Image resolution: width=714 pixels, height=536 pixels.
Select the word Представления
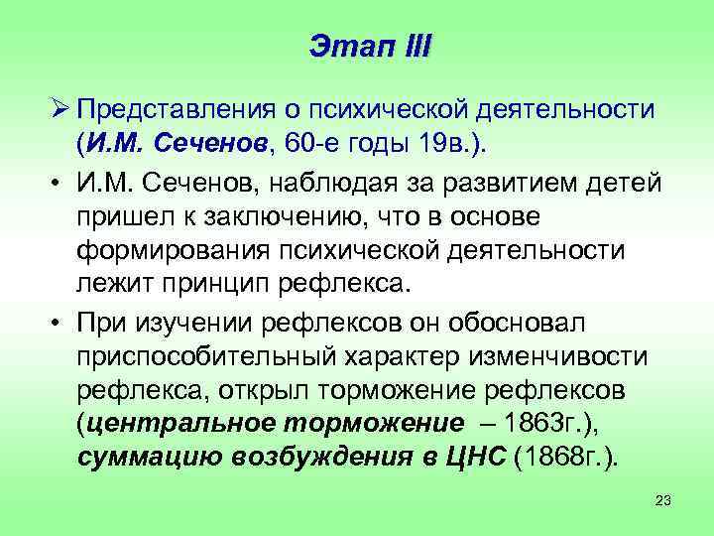pyautogui.click(x=177, y=108)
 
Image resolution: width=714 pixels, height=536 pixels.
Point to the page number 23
pyautogui.click(x=663, y=501)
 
